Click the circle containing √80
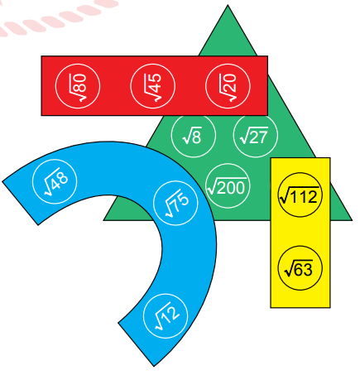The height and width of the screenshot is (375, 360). coord(78,86)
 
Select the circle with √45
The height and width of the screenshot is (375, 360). coord(153,86)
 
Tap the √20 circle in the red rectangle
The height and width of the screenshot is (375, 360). coord(228,86)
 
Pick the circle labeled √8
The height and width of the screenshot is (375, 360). coord(194,135)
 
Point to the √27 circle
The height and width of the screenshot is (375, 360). coord(256,135)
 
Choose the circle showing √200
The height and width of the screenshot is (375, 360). coord(228,185)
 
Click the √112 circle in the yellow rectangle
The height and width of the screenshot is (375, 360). coord(300,195)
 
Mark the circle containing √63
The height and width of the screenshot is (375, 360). coord(300,268)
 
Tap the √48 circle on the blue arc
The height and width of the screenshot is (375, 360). coord(55,181)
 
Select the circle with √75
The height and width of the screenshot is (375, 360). coord(175,203)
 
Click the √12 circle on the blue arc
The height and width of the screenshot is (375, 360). coord(166,316)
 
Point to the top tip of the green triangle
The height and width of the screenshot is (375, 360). coord(228,5)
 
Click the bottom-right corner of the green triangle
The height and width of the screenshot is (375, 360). coord(352,220)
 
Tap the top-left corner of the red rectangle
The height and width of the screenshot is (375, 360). coord(41,56)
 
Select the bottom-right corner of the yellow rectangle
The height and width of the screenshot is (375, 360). coord(330,307)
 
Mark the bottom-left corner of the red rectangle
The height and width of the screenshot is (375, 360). coord(41,115)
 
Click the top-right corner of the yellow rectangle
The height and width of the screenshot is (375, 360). coord(330,158)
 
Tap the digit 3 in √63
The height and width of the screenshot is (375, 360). coord(308,270)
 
